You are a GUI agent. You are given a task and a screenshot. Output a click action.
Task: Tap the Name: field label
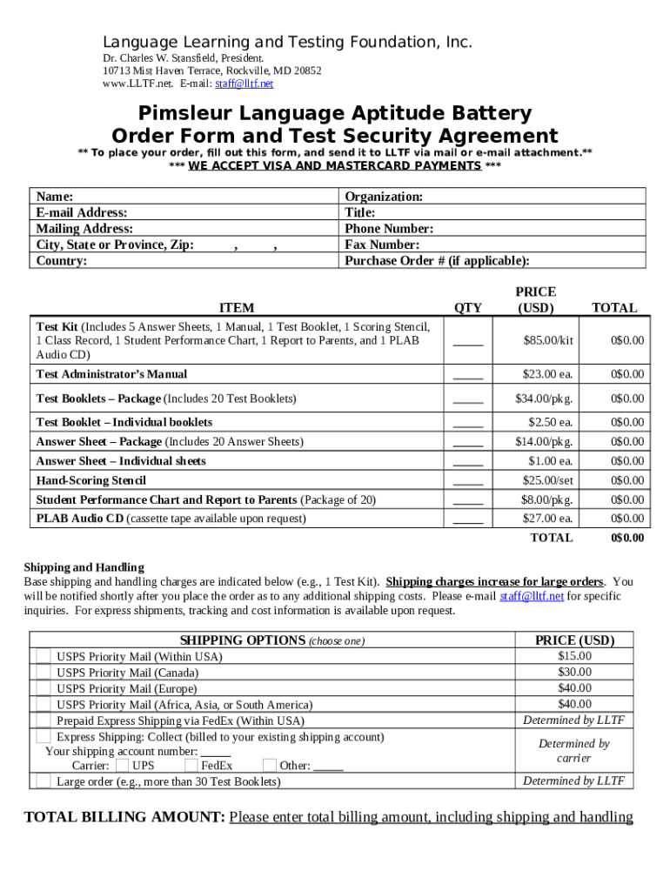point(54,197)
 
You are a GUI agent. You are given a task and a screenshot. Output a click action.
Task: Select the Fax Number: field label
point(382,245)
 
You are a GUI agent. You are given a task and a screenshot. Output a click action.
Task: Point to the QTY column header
point(467,307)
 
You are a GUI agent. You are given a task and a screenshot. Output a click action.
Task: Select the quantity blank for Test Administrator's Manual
point(467,375)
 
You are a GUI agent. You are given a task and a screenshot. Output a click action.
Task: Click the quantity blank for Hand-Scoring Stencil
point(467,481)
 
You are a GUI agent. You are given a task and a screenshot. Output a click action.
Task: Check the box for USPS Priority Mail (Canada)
point(43,673)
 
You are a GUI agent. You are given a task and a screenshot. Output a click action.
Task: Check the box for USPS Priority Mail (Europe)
point(43,688)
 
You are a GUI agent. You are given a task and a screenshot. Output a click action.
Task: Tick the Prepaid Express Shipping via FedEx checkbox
point(43,720)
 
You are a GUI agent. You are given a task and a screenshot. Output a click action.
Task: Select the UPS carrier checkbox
point(123,766)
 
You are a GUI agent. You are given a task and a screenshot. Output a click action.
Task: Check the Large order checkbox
point(43,781)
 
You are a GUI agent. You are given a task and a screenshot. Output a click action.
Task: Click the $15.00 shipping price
point(574,656)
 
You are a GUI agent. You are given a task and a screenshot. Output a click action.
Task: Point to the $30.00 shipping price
point(574,672)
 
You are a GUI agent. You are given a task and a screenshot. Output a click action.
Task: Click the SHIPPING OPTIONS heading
point(242,640)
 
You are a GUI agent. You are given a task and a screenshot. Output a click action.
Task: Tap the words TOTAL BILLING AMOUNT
point(124,817)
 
